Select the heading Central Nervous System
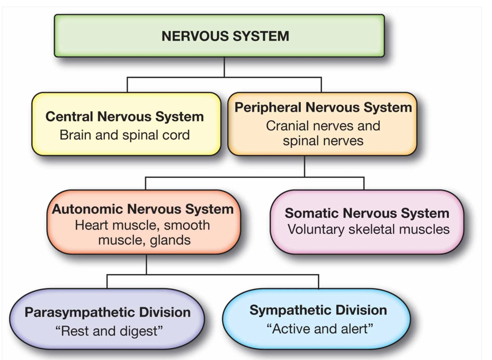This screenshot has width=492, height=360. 125,117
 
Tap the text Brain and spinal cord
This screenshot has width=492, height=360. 125,135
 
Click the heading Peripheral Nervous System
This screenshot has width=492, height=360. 323,107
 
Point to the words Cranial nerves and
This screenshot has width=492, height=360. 323,126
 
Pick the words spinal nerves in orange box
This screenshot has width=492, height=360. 323,141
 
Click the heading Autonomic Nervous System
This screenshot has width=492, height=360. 143,209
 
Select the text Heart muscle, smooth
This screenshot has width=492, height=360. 143,225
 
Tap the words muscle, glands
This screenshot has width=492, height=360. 145,240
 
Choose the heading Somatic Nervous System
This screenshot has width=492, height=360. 367,213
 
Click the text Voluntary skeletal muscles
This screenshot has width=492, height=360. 368,229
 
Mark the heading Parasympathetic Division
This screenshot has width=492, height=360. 107,313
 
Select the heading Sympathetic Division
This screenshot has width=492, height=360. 318,310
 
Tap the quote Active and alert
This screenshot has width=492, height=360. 320,328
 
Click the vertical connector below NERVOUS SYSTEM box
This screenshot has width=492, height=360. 224,67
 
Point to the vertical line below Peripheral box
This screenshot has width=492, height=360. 305,166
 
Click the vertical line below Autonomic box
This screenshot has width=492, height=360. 147,264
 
